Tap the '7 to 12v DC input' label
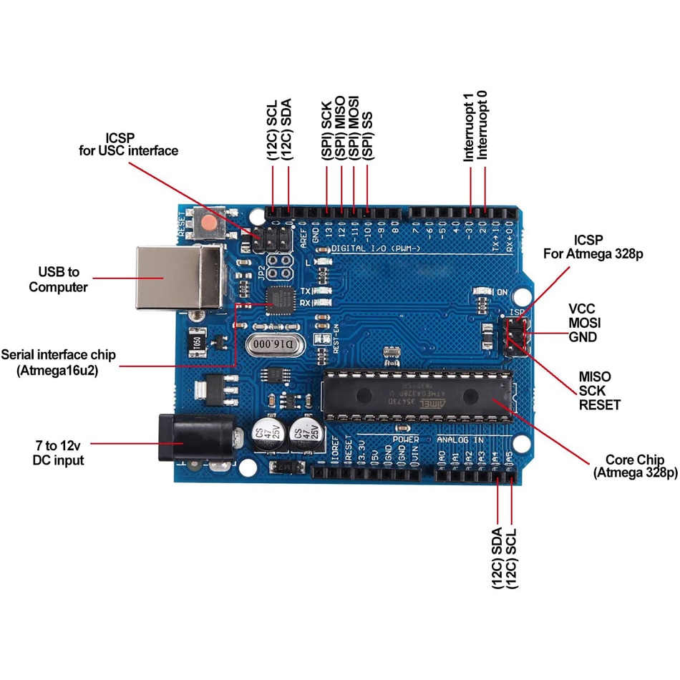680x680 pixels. click(58, 452)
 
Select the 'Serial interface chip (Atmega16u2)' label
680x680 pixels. click(58, 362)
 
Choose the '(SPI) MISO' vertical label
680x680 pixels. click(340, 128)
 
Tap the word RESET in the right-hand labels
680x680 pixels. click(599, 405)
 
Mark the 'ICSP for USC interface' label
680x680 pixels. click(128, 144)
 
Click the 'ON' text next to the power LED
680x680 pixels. click(502, 292)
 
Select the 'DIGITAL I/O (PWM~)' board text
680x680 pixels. click(375, 248)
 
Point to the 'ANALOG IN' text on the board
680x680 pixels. click(461, 439)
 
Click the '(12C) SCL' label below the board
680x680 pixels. click(512, 559)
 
